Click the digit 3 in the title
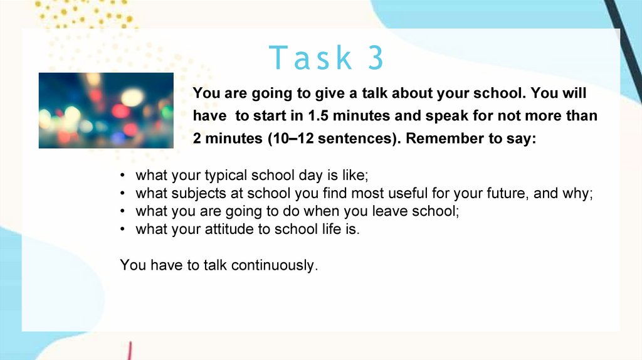(x=376, y=58)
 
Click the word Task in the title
(x=310, y=58)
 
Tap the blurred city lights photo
(x=106, y=110)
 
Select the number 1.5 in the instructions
(x=318, y=116)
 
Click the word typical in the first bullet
(x=226, y=176)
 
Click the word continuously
(x=275, y=265)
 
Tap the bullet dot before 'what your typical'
(x=122, y=176)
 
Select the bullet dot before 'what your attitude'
(x=122, y=230)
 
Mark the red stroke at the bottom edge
(x=129, y=351)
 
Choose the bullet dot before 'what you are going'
(x=122, y=211)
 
